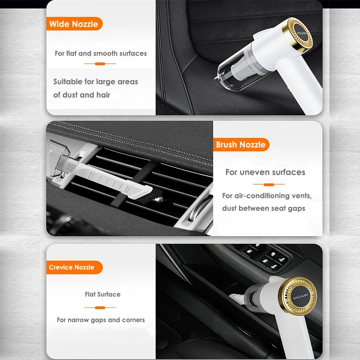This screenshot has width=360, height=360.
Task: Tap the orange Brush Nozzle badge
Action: (x=241, y=144)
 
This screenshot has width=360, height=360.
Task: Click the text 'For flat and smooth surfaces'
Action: (x=100, y=54)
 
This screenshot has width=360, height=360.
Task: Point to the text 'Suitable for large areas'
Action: (x=95, y=82)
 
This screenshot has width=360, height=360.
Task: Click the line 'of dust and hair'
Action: (x=82, y=95)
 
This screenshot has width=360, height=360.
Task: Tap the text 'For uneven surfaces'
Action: (x=265, y=172)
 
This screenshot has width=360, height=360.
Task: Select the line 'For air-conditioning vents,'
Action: (x=267, y=196)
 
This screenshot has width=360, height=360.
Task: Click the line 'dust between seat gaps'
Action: (x=264, y=208)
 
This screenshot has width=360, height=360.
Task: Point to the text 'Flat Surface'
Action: (x=103, y=294)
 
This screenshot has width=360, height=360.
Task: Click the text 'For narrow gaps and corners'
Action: (x=101, y=320)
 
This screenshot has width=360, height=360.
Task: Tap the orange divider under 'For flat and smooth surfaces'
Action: (x=100, y=64)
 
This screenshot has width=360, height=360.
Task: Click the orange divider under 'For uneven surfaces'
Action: (x=269, y=184)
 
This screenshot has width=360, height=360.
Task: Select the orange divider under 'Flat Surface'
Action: (x=100, y=308)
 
